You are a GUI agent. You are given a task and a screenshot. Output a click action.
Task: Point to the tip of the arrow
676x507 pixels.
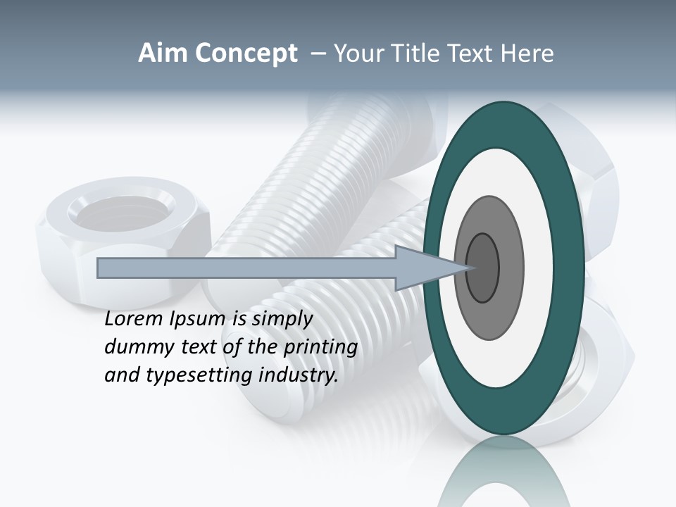point(468,268)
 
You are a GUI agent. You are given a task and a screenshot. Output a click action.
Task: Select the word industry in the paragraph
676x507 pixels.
point(299,375)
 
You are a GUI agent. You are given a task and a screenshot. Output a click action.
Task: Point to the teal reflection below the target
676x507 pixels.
point(504,479)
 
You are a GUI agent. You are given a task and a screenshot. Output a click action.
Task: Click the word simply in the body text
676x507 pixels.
point(282,320)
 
